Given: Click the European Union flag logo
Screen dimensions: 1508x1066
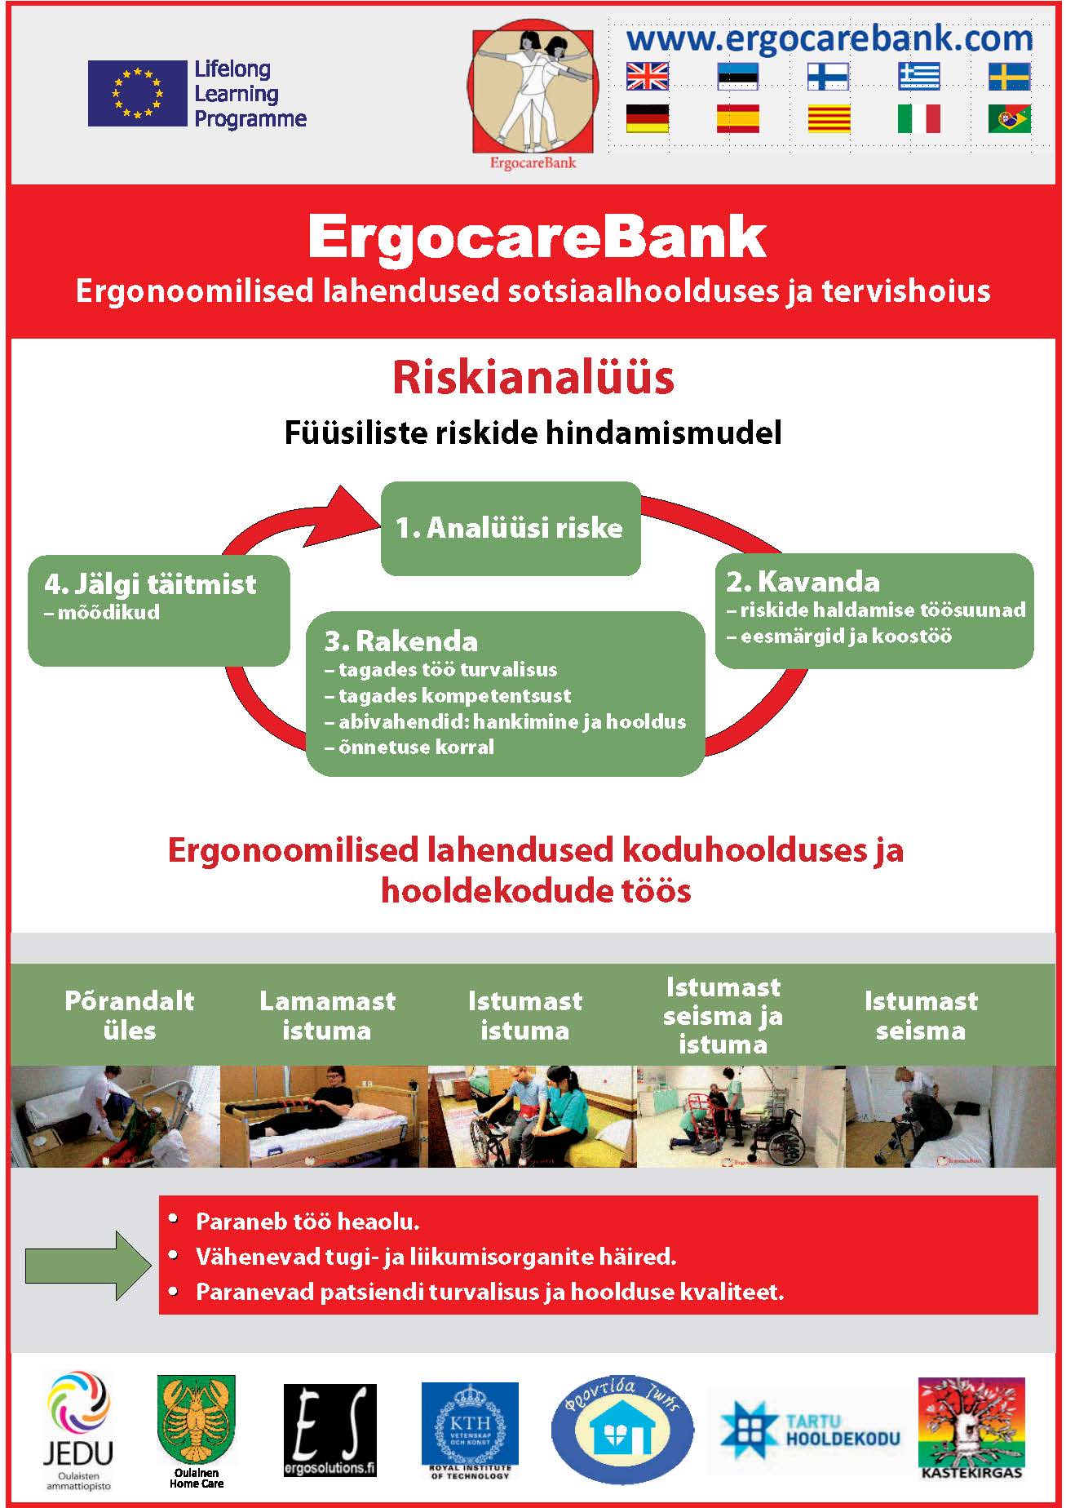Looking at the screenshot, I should click(137, 93).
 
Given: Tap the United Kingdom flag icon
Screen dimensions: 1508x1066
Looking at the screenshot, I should click(648, 77).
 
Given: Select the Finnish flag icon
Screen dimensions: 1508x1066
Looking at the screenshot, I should click(828, 77).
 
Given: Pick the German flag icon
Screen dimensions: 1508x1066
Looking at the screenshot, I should click(648, 118).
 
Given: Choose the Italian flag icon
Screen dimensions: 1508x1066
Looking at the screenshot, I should click(918, 118).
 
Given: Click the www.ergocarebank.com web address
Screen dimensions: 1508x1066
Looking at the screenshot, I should click(829, 38).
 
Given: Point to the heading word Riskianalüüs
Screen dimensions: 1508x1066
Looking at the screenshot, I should click(533, 378).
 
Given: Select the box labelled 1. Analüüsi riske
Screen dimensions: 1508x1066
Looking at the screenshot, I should click(511, 528).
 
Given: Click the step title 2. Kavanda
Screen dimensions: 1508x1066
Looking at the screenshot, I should click(803, 582).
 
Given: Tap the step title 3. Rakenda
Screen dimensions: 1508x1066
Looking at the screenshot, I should click(401, 641).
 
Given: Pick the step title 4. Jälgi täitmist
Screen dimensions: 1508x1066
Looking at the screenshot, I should click(151, 584).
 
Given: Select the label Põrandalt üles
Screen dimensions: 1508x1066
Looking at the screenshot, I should click(130, 1015).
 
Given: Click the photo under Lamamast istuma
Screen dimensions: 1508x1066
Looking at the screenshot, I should click(324, 1116).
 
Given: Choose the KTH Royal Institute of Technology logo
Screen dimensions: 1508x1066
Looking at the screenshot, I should click(470, 1430).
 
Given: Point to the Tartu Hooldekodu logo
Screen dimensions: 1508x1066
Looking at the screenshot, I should click(810, 1430).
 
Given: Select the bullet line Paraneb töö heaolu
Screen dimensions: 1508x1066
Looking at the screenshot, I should click(307, 1222).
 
